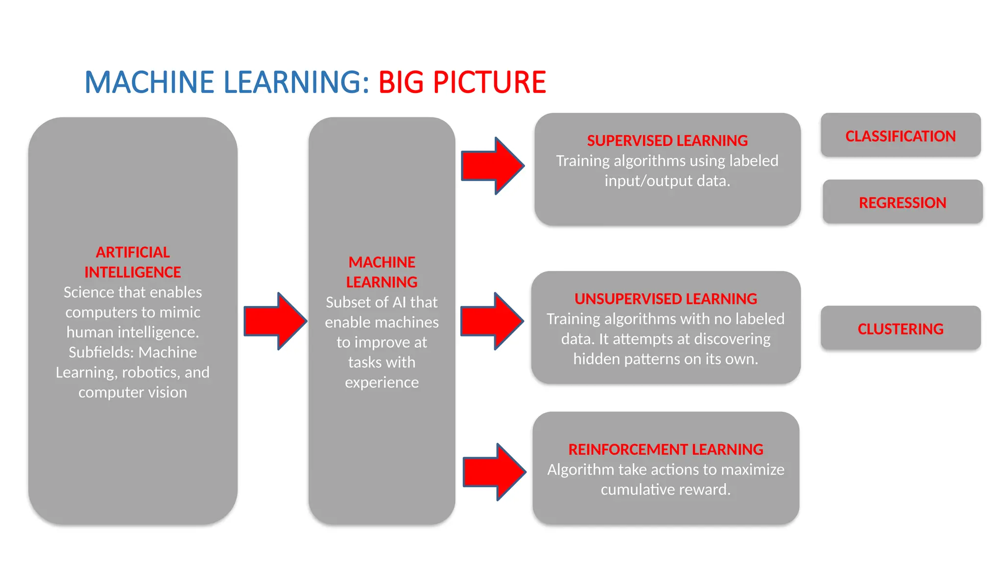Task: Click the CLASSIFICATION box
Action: coord(900,136)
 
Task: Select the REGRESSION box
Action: coord(902,202)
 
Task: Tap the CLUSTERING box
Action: coord(900,329)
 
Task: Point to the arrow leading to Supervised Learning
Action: coord(492,166)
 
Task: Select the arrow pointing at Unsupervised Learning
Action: coord(492,321)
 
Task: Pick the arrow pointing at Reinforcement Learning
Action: coord(494,472)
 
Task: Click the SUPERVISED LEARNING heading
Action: coord(667,141)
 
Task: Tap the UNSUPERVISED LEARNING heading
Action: coord(666,299)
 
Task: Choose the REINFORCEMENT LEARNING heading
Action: coord(666,449)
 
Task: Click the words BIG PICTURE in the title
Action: coord(462,82)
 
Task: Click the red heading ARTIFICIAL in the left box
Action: coord(133,252)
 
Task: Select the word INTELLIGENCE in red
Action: coord(133,272)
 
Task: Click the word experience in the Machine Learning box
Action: coord(382,382)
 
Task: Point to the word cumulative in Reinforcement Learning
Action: coord(632,490)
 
